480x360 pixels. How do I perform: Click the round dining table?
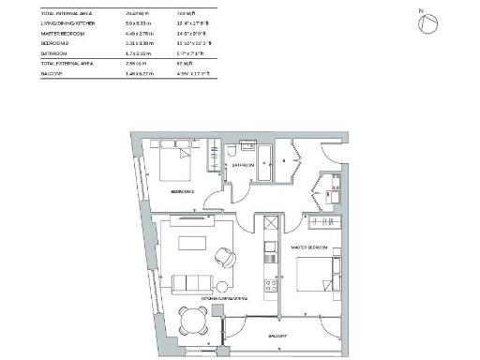click(192, 319)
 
